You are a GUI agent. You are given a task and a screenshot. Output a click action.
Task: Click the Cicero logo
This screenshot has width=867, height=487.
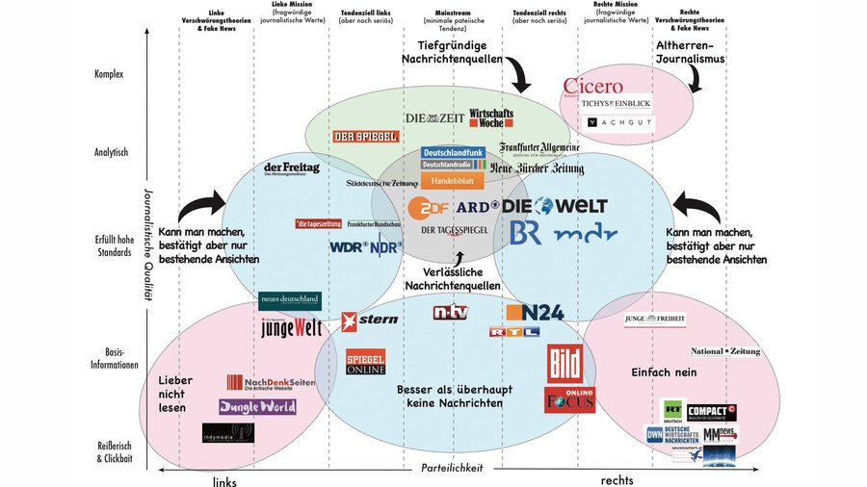point(593,88)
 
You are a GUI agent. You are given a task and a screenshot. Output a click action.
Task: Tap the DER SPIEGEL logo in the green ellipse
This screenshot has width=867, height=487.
point(365,137)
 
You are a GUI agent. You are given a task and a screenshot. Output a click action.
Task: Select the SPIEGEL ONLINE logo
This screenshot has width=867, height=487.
point(365,362)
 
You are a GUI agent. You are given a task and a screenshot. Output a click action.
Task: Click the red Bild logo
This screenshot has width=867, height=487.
point(565,365)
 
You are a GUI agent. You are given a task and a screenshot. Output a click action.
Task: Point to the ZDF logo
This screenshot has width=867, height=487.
point(429,207)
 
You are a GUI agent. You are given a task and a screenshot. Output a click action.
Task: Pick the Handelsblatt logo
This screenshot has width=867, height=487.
point(452,180)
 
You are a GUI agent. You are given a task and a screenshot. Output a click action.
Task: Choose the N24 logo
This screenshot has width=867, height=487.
point(535,311)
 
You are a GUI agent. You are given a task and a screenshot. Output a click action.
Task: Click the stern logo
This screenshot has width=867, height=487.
point(369,319)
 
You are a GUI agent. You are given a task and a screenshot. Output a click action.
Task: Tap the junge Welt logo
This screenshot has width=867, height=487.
point(291,327)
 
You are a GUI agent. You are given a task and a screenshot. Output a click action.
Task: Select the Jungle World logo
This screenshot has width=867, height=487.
point(257,406)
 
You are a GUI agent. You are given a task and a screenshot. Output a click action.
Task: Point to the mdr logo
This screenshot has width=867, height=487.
point(585,233)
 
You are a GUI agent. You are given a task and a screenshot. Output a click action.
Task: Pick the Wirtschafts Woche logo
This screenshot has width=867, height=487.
point(491,117)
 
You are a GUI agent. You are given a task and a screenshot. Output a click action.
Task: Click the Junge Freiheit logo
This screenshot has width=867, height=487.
point(654,320)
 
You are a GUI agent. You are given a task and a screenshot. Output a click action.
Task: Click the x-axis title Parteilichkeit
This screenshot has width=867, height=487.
point(452,468)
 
